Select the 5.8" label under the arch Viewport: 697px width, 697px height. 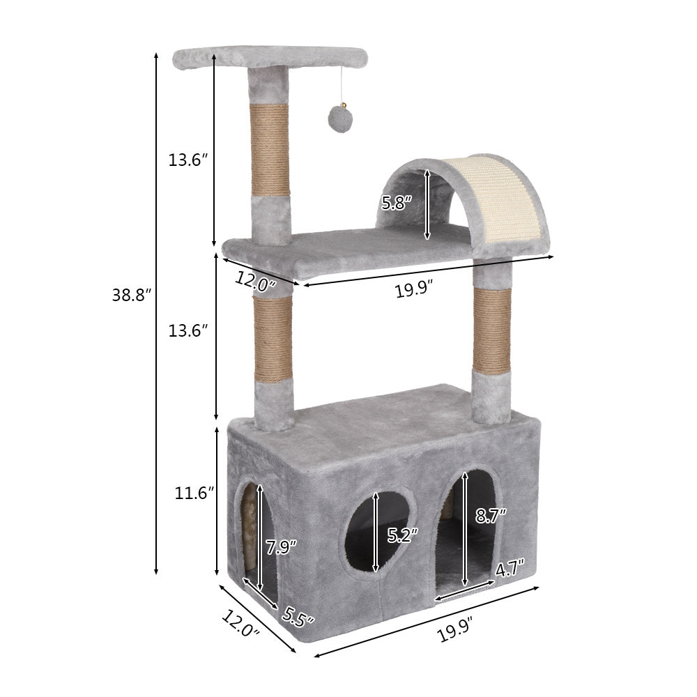tap(397, 204)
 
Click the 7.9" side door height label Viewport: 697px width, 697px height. tap(282, 546)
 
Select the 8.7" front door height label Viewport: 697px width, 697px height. tap(490, 516)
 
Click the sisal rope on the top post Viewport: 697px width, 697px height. tap(270, 150)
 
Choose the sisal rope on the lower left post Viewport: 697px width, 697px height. tap(273, 339)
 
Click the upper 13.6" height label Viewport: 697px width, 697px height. tap(188, 160)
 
